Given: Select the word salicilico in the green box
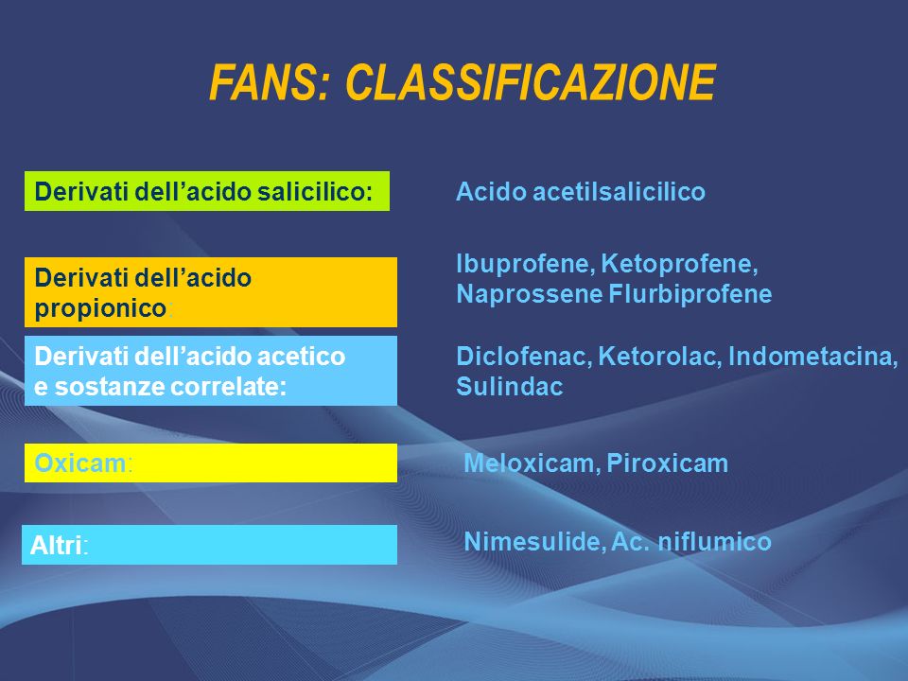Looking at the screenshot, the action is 315,192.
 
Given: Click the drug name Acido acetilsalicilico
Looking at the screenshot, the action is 581,192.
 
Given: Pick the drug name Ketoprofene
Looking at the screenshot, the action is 680,264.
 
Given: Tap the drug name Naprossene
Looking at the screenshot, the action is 530,293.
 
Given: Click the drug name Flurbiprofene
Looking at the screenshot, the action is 690,293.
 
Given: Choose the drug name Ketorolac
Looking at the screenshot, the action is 660,357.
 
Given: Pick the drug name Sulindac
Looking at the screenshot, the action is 510,386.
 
